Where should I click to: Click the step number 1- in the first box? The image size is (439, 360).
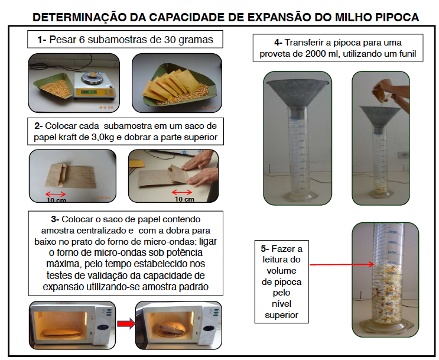42,40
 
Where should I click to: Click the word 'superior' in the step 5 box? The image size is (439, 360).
282,316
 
